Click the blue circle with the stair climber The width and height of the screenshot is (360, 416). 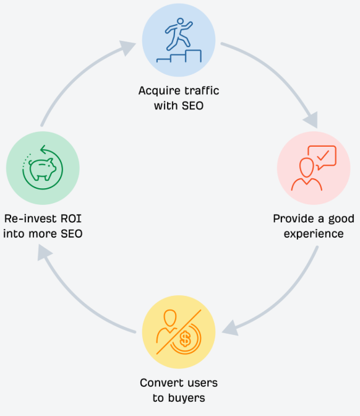(179, 40)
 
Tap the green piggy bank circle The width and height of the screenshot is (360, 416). (43, 168)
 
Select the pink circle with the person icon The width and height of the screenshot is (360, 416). (314, 168)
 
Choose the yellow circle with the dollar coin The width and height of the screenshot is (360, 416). (179, 332)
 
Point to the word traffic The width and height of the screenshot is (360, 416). (202, 90)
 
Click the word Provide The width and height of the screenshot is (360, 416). (293, 219)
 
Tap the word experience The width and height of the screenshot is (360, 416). (314, 234)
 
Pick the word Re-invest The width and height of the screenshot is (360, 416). (30, 219)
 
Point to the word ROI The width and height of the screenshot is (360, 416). (71, 219)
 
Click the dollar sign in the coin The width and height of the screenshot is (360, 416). (185, 339)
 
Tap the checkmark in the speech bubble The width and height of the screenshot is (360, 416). (323, 155)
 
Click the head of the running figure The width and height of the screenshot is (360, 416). (180, 22)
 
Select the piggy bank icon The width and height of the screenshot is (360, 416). (43, 169)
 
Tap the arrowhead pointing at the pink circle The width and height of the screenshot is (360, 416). (311, 120)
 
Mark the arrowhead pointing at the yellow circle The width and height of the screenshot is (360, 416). (230, 328)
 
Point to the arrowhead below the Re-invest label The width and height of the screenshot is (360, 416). (45, 252)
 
